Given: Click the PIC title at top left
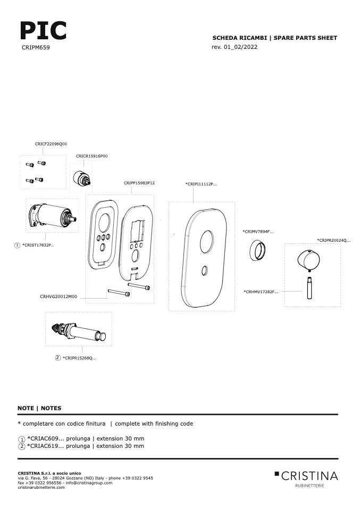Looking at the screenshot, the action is (x=43, y=30).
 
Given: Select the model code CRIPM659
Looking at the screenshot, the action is (x=36, y=47).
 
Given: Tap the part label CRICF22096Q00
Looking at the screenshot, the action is (x=51, y=144).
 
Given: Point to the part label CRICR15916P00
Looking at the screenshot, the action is (x=91, y=156).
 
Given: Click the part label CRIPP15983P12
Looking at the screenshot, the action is (x=139, y=183).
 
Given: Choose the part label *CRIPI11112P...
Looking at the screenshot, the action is (x=202, y=184).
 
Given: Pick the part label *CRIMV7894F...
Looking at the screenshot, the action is (x=258, y=232).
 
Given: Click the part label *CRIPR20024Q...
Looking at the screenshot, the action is (x=334, y=241).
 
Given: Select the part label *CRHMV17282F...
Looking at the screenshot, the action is (x=261, y=292).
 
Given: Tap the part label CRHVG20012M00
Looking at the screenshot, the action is (x=58, y=296).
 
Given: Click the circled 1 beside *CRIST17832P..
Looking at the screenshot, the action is (x=17, y=245).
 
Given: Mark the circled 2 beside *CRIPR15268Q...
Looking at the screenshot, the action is (x=58, y=358).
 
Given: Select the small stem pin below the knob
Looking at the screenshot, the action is (x=309, y=287).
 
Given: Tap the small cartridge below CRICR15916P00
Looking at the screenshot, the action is (x=81, y=179).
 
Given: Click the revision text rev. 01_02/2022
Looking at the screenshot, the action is (x=235, y=47).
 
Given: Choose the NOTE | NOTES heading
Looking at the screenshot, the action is (x=39, y=409).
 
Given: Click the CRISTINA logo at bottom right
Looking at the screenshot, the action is (x=306, y=479).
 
